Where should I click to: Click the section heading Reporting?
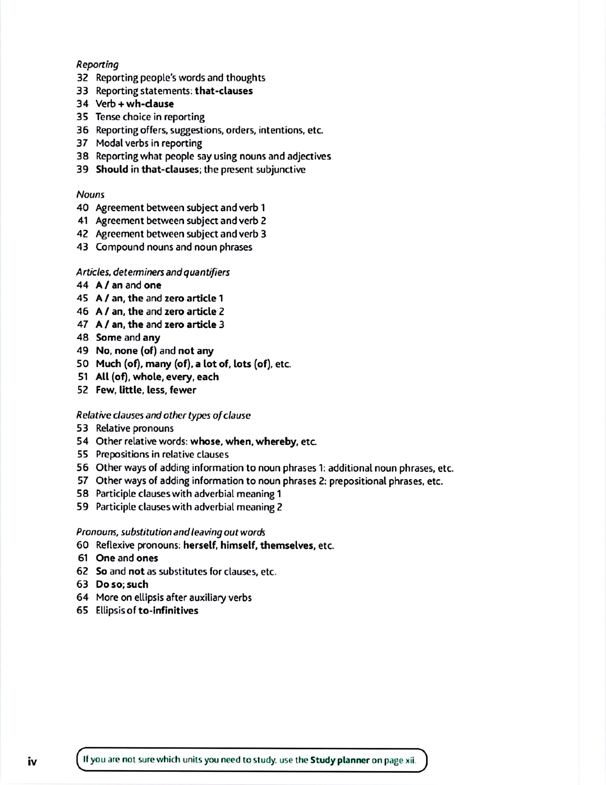pyautogui.click(x=97, y=65)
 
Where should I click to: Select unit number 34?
pyautogui.click(x=82, y=104)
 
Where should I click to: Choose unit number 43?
pyautogui.click(x=82, y=247)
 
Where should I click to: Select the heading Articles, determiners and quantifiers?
pyautogui.click(x=153, y=272)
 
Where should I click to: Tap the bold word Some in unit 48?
pyautogui.click(x=109, y=338)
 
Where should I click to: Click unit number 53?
pyautogui.click(x=82, y=428)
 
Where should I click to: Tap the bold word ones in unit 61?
pyautogui.click(x=147, y=558)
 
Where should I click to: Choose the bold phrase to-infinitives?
pyautogui.click(x=168, y=611)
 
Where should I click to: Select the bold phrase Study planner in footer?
pyautogui.click(x=340, y=760)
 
